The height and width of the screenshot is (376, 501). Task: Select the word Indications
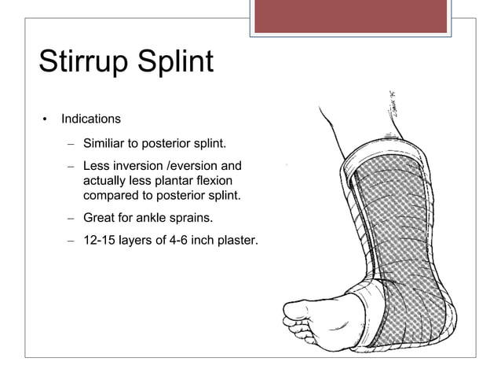pyautogui.click(x=91, y=120)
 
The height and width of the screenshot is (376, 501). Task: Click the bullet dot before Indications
pyautogui.click(x=45, y=120)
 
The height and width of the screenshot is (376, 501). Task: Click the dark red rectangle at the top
pyautogui.click(x=351, y=16)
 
